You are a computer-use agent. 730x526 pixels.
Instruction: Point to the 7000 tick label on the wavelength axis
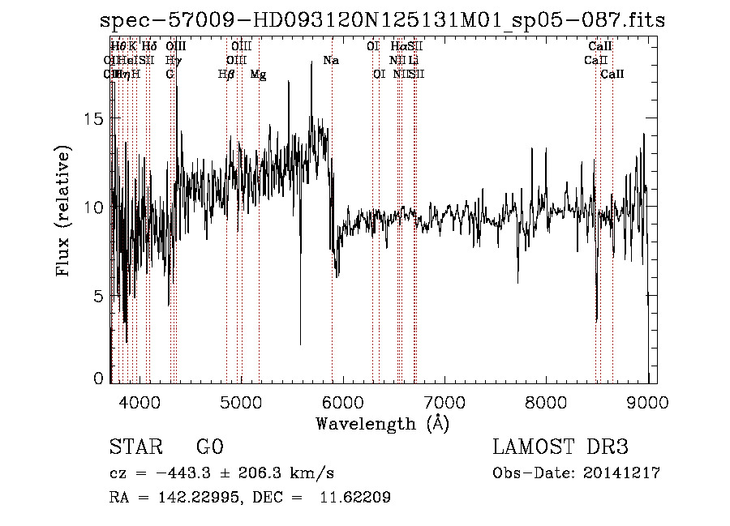tap(444, 402)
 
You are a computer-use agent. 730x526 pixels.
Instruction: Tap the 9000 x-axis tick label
tap(647, 402)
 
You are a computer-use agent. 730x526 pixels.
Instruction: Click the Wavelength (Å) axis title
tap(382, 423)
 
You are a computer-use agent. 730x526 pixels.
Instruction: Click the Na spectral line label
tap(331, 61)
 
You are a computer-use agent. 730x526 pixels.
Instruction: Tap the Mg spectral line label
tap(258, 75)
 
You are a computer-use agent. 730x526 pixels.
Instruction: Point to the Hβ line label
tap(226, 75)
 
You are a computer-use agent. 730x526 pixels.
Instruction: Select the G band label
tap(170, 75)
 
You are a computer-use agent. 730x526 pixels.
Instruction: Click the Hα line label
tap(397, 47)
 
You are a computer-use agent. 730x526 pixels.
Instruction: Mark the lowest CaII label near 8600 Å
tap(612, 75)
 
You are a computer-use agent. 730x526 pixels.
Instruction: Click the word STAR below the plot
tap(134, 447)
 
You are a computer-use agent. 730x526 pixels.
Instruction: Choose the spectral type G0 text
tap(210, 447)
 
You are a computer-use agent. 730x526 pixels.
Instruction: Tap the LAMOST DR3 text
tap(560, 447)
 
